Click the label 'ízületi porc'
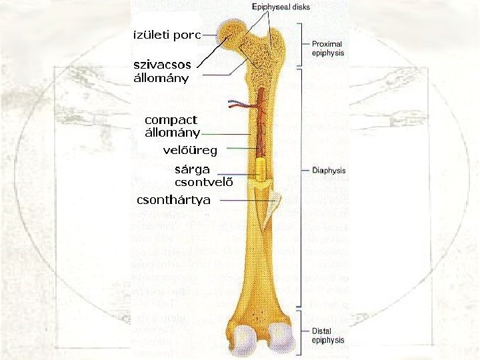167,35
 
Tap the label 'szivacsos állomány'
162,71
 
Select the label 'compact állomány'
172,125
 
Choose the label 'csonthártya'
173,200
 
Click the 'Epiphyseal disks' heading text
280,7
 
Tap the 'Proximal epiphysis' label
328,48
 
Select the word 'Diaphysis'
329,171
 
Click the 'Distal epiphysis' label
328,335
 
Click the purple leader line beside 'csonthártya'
246,200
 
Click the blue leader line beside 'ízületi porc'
211,35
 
